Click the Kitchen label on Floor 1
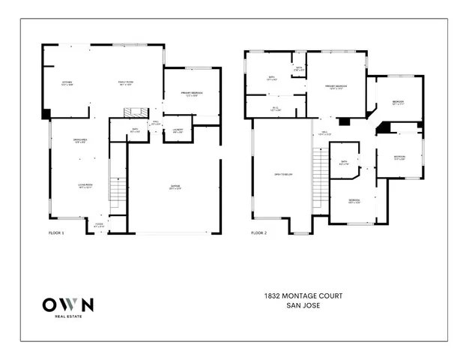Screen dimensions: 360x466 (67, 83)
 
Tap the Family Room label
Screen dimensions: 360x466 (124, 83)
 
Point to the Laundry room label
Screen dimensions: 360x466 (178, 130)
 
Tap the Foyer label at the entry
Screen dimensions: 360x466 (99, 225)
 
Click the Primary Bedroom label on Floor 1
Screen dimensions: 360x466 (190, 94)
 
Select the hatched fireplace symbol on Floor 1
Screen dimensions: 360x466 (133, 112)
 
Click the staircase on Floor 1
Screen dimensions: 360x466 (117, 191)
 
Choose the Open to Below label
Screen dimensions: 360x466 (282, 175)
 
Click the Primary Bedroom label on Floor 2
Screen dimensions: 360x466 (335, 88)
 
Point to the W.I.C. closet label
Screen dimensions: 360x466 (275, 109)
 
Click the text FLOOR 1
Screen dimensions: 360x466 (57, 234)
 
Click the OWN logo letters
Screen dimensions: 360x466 (67, 304)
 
